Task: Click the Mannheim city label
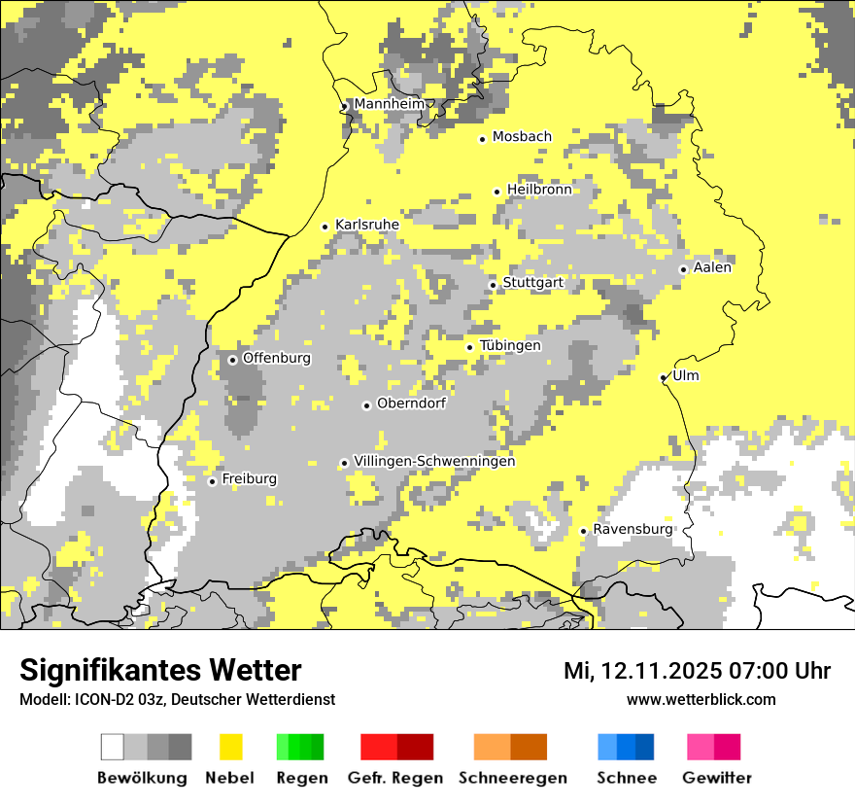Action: (390, 104)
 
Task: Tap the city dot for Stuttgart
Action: (494, 285)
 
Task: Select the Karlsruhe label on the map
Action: (367, 225)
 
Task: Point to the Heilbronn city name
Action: (539, 190)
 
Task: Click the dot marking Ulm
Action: (664, 377)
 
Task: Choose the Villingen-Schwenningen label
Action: (434, 461)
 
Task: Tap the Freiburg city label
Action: (249, 478)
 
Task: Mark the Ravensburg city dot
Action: (583, 531)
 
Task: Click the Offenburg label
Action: (277, 358)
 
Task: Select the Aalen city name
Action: (712, 267)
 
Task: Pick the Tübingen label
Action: (510, 345)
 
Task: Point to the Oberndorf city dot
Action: (366, 405)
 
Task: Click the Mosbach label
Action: (522, 137)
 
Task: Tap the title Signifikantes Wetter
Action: (160, 670)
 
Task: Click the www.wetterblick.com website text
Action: (701, 699)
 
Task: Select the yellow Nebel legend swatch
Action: (230, 747)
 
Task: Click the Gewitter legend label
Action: (716, 778)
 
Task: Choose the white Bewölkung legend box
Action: (113, 747)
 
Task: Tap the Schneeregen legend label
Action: (512, 778)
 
